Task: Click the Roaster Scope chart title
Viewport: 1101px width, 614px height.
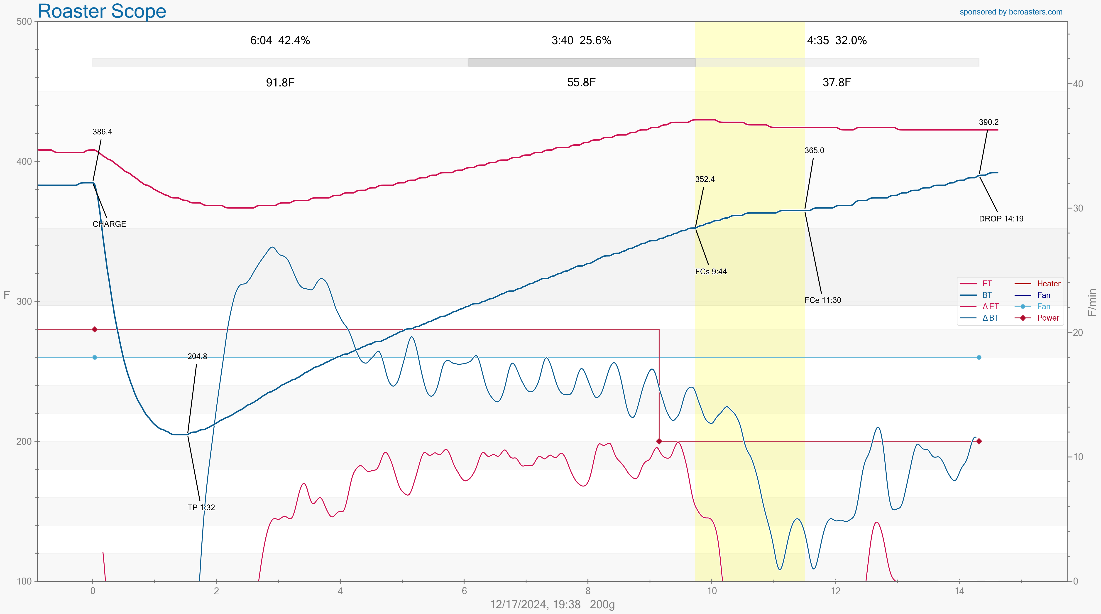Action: tap(102, 11)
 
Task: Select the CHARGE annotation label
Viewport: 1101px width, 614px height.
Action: tap(109, 224)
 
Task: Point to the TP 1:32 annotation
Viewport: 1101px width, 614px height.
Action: tap(201, 508)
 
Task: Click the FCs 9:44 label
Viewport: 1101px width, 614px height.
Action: tap(711, 272)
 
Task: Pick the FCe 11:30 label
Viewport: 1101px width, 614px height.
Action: tap(822, 300)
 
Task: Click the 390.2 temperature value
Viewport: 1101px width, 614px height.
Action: tap(988, 122)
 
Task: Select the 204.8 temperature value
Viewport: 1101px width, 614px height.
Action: tap(197, 357)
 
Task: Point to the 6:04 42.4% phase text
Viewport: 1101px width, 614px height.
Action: tap(280, 41)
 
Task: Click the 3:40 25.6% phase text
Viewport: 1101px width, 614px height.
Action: tap(581, 41)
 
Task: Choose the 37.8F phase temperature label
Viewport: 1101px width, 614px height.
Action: tap(837, 83)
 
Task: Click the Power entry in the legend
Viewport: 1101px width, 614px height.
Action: tap(1047, 318)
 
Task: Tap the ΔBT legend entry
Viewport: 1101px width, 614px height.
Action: tap(990, 318)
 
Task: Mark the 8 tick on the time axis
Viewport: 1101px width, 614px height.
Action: tap(588, 591)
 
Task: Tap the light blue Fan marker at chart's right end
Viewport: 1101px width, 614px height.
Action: tap(979, 357)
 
